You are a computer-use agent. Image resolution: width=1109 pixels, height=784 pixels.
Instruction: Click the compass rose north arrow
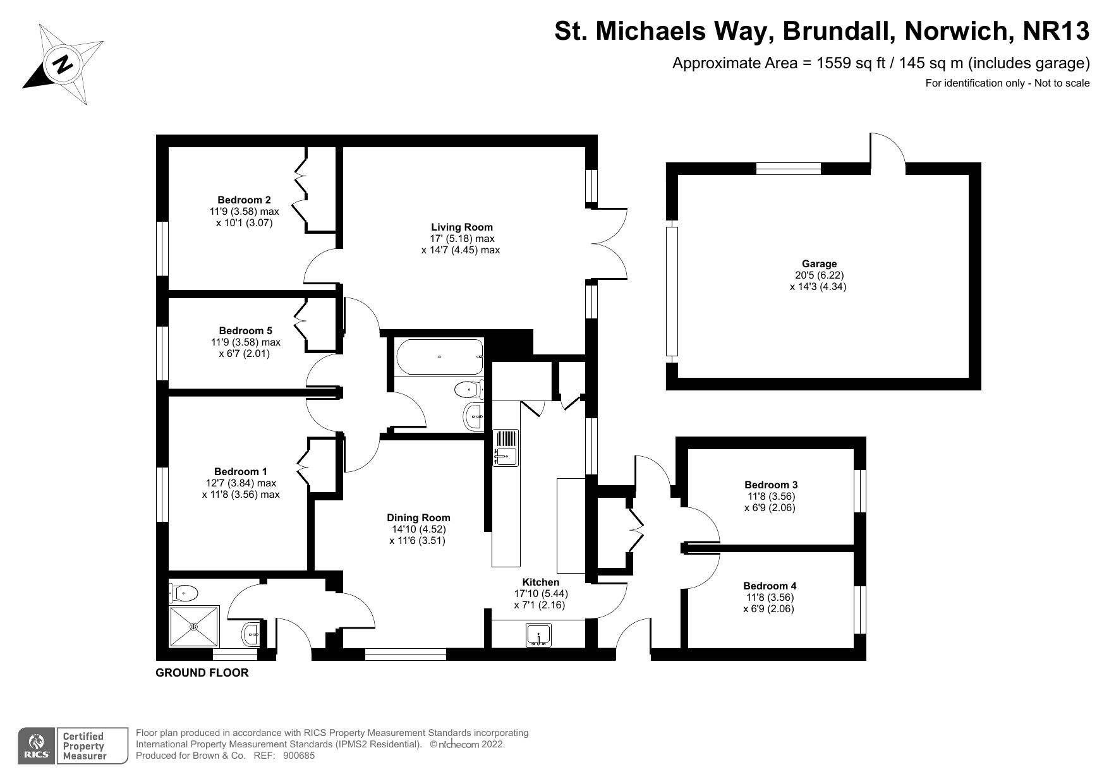coord(63,64)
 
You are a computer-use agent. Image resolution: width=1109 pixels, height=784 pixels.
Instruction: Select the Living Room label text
coord(461,227)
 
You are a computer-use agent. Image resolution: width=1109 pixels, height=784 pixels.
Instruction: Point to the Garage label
coord(819,264)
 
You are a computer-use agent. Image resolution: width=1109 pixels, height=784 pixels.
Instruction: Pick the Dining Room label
coord(418,517)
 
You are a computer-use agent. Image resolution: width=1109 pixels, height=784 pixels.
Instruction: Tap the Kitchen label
coord(540,582)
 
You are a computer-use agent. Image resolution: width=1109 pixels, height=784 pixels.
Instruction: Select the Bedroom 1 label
coord(240,471)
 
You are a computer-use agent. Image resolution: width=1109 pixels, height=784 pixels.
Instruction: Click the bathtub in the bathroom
coord(439,357)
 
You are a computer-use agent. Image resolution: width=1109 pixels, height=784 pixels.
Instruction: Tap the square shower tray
coord(194,626)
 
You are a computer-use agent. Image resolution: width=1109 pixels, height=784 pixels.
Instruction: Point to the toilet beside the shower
coord(183,593)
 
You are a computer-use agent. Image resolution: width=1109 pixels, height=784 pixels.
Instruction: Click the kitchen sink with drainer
coord(506,449)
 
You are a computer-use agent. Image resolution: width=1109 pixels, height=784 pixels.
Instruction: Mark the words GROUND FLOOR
coord(202,673)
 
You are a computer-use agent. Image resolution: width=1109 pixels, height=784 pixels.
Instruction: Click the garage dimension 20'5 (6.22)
coord(819,275)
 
